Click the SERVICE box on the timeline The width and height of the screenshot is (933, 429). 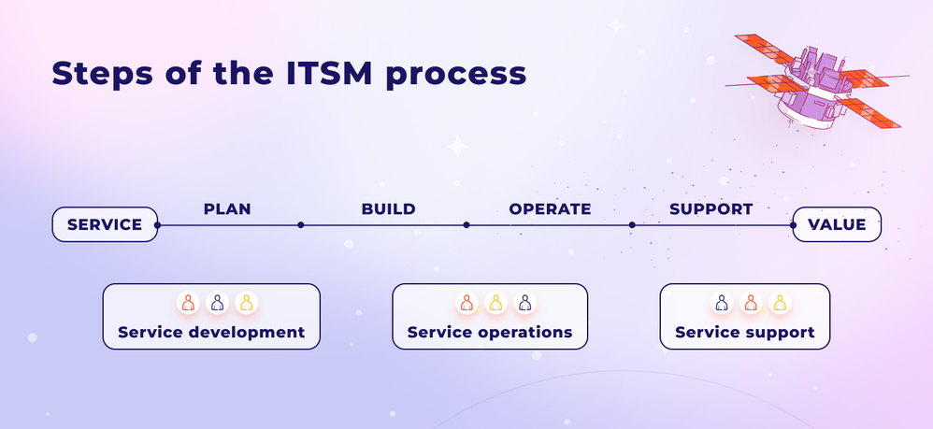click(105, 224)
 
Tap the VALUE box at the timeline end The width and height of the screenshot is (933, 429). click(837, 224)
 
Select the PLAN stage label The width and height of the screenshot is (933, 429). click(227, 209)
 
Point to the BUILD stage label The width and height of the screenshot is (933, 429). click(388, 209)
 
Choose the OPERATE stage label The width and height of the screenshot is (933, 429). click(550, 209)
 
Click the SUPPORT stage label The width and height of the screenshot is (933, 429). click(711, 209)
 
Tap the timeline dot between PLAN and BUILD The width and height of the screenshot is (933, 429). click(300, 224)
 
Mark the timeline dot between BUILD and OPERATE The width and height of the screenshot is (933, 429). click(466, 224)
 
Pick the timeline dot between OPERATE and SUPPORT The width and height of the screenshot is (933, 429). click(632, 224)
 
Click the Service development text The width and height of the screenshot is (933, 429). click(211, 332)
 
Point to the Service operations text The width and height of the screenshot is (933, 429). click(490, 332)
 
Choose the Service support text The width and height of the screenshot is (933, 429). click(745, 332)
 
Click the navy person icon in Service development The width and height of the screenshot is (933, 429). click(217, 303)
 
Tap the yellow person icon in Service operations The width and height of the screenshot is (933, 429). click(495, 303)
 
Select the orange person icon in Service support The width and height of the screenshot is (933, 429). click(750, 303)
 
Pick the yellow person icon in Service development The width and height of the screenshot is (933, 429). click(246, 303)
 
